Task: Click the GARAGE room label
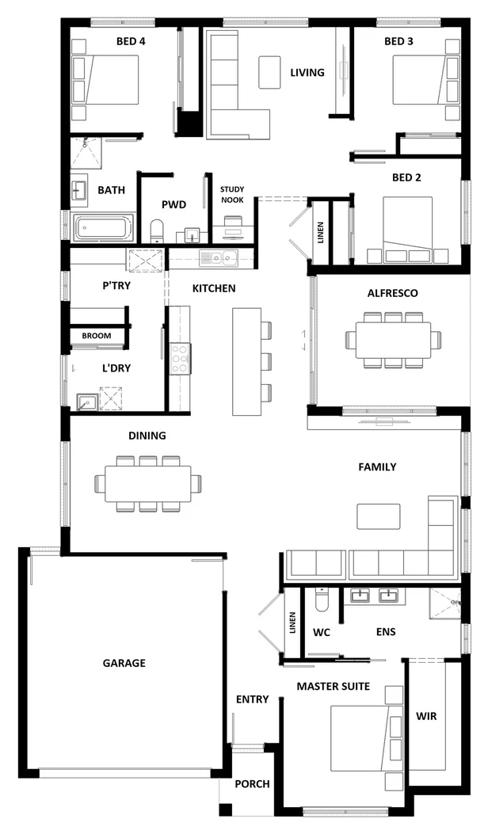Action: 124,663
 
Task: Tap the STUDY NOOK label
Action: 232,195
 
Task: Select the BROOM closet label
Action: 96,336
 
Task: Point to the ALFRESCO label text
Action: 392,293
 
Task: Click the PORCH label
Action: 252,784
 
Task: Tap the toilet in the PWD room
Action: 156,232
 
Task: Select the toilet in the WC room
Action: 321,604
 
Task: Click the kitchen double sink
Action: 218,257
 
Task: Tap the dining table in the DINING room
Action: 148,483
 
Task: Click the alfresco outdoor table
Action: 393,340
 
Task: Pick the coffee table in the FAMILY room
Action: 379,516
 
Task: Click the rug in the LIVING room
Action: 269,72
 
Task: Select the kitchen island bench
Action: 246,361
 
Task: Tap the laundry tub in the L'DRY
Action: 85,402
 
